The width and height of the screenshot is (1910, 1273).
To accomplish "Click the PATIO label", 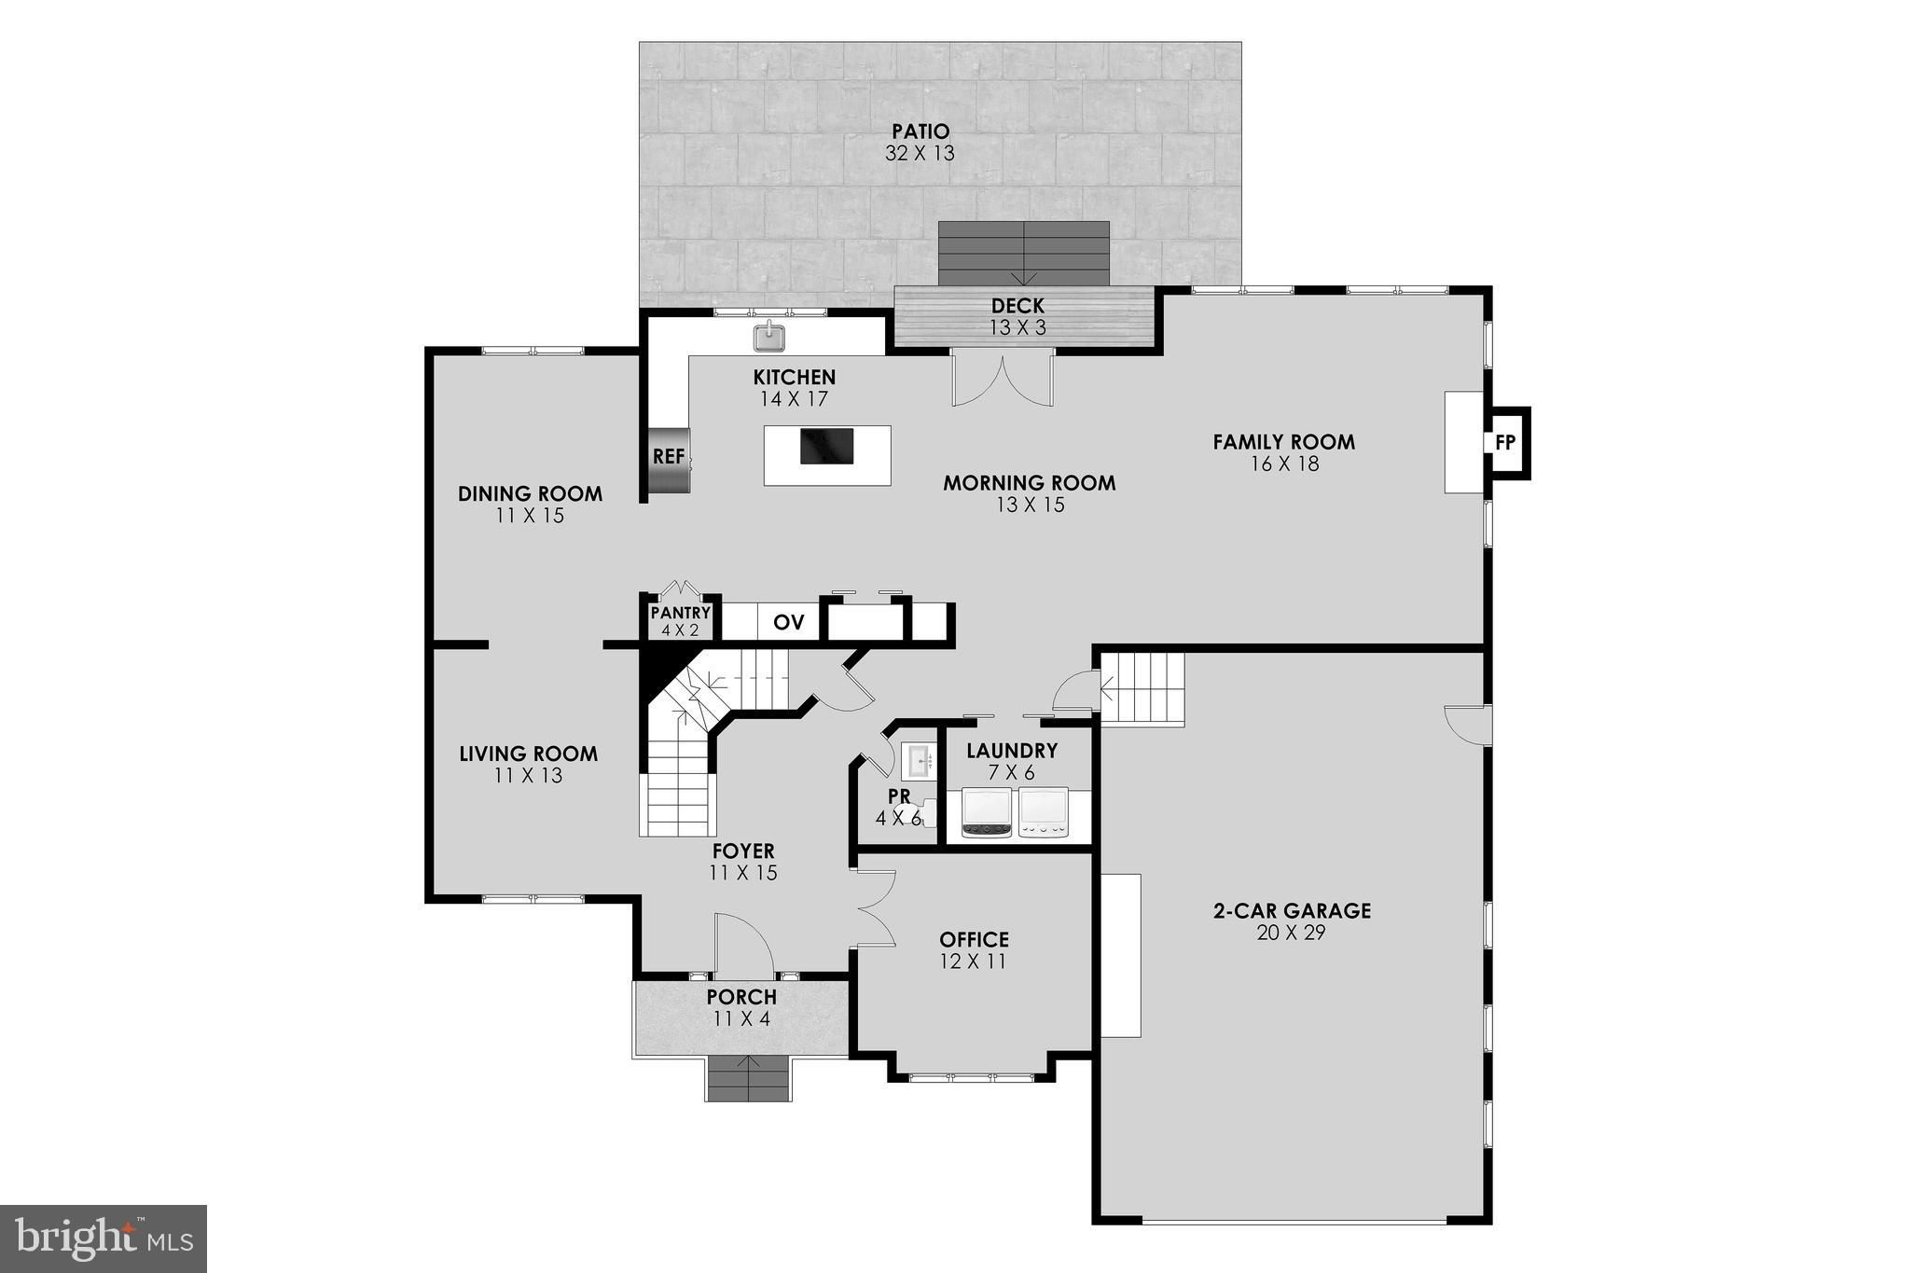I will point(920,131).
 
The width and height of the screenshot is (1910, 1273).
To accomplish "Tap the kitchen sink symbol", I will point(769,336).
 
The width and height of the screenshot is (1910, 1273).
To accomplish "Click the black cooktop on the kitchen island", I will point(826,446).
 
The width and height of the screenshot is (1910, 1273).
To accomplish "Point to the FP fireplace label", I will point(1505,443).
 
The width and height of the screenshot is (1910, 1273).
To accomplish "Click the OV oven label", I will point(789,623).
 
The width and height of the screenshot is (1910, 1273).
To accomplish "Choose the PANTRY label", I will point(681,614).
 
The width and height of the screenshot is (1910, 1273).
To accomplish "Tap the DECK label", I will point(1017,306).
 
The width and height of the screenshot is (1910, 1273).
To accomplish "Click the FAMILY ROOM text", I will point(1283,442).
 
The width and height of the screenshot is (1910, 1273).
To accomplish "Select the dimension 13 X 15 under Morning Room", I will point(1030,505).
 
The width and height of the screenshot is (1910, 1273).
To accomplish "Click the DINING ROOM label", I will point(530,493).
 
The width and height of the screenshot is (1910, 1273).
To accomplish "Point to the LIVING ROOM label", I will point(528,754).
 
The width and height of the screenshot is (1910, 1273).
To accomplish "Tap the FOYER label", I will point(743,851).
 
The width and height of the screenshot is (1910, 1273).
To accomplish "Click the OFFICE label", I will point(974,939).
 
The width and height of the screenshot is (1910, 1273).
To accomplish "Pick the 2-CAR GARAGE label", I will point(1292,910).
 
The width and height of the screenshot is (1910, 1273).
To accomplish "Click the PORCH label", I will point(741,997).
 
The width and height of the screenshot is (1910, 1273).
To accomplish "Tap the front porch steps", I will point(749,1079).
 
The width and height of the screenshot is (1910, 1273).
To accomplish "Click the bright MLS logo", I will point(104,1238).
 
